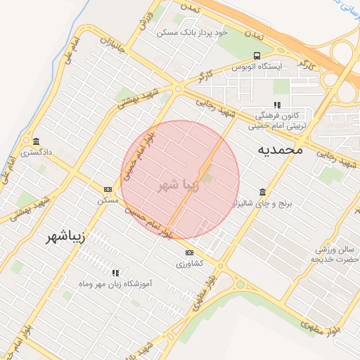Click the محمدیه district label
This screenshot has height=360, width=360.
click(280, 150)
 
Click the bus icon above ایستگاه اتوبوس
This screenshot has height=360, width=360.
click(257, 56)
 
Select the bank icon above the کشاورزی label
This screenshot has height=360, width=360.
click(189, 252)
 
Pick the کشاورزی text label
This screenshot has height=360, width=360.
click(189, 263)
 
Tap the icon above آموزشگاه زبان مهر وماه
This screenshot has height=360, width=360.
click(115, 272)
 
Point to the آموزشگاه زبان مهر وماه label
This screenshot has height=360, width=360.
click(116, 283)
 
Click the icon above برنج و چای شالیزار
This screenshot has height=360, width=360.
click(263, 191)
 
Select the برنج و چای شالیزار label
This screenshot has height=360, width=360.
click(268, 202)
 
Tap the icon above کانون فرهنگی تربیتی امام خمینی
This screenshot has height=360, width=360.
click(276, 105)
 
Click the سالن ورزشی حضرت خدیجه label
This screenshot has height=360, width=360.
click(335, 255)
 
